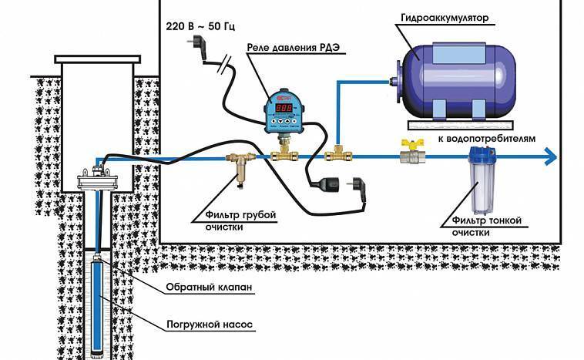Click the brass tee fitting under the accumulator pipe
coord(337,155)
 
